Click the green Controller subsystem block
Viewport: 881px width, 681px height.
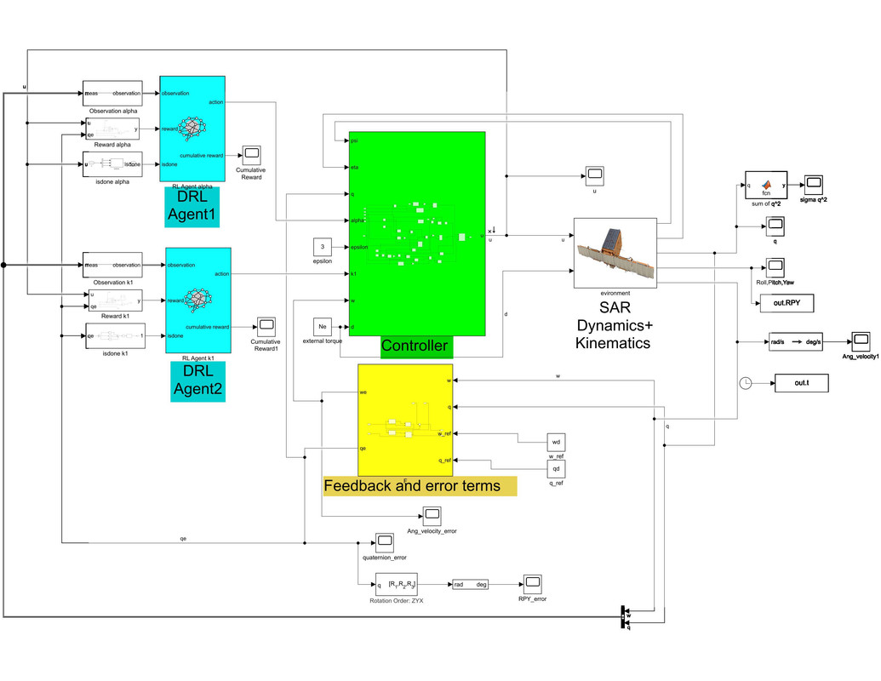coord(416,234)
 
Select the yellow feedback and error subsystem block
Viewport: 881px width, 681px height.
coord(406,419)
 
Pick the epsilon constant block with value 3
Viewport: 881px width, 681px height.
coord(322,247)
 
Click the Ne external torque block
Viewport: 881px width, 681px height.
coord(322,325)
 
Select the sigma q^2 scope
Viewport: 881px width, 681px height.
coord(815,183)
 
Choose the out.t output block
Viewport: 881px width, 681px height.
coord(800,383)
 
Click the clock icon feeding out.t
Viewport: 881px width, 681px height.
coord(747,383)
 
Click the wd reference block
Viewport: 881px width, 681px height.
coord(556,444)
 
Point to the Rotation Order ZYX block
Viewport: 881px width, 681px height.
coord(401,585)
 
